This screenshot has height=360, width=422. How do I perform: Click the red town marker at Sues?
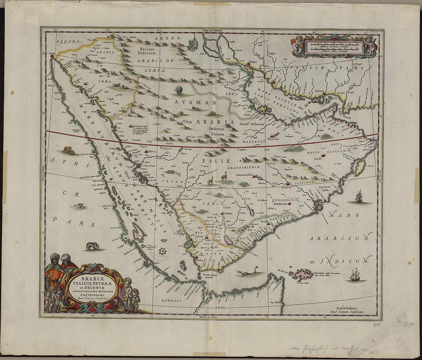click(51, 56)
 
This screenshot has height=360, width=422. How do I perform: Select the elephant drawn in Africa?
click(92, 246)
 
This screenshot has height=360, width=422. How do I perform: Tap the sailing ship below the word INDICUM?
click(355, 275)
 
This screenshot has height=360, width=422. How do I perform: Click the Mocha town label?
click(199, 260)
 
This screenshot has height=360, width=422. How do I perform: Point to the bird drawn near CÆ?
click(80, 206)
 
